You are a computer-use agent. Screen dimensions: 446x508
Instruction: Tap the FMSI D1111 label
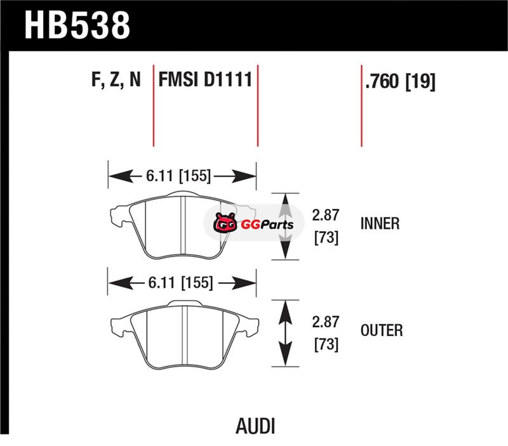[206, 81]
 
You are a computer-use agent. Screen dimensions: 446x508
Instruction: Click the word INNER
[379, 224]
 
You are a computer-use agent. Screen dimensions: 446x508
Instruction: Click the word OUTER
[381, 330]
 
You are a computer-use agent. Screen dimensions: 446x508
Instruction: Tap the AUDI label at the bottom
[254, 425]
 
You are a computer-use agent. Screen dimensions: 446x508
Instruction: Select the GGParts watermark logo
[254, 224]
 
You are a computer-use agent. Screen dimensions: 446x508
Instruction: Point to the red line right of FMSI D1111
[258, 105]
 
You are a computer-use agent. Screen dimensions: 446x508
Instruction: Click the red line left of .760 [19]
[361, 105]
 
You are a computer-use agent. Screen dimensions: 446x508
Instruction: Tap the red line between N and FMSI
[154, 105]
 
